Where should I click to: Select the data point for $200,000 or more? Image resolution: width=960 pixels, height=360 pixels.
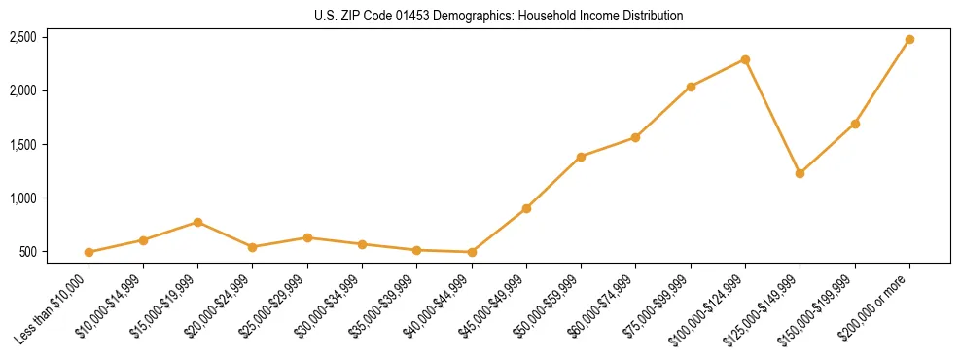(x=909, y=40)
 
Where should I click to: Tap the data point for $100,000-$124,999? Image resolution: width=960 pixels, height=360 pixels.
(x=745, y=59)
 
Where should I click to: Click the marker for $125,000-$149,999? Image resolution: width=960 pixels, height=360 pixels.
(x=800, y=173)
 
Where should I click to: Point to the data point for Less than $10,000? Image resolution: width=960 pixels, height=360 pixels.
(x=89, y=252)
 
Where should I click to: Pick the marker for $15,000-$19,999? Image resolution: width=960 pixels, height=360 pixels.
(x=198, y=222)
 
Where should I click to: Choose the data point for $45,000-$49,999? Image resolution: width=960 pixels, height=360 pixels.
(x=526, y=208)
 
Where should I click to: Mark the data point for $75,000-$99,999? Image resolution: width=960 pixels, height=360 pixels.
(x=691, y=87)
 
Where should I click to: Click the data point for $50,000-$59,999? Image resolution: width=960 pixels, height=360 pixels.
(x=581, y=157)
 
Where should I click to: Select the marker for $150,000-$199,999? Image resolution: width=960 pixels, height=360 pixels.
(x=855, y=124)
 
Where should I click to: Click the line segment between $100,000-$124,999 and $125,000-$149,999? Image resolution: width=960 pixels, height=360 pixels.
(x=772, y=117)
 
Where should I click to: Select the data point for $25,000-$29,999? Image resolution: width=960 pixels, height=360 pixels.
(x=307, y=237)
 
